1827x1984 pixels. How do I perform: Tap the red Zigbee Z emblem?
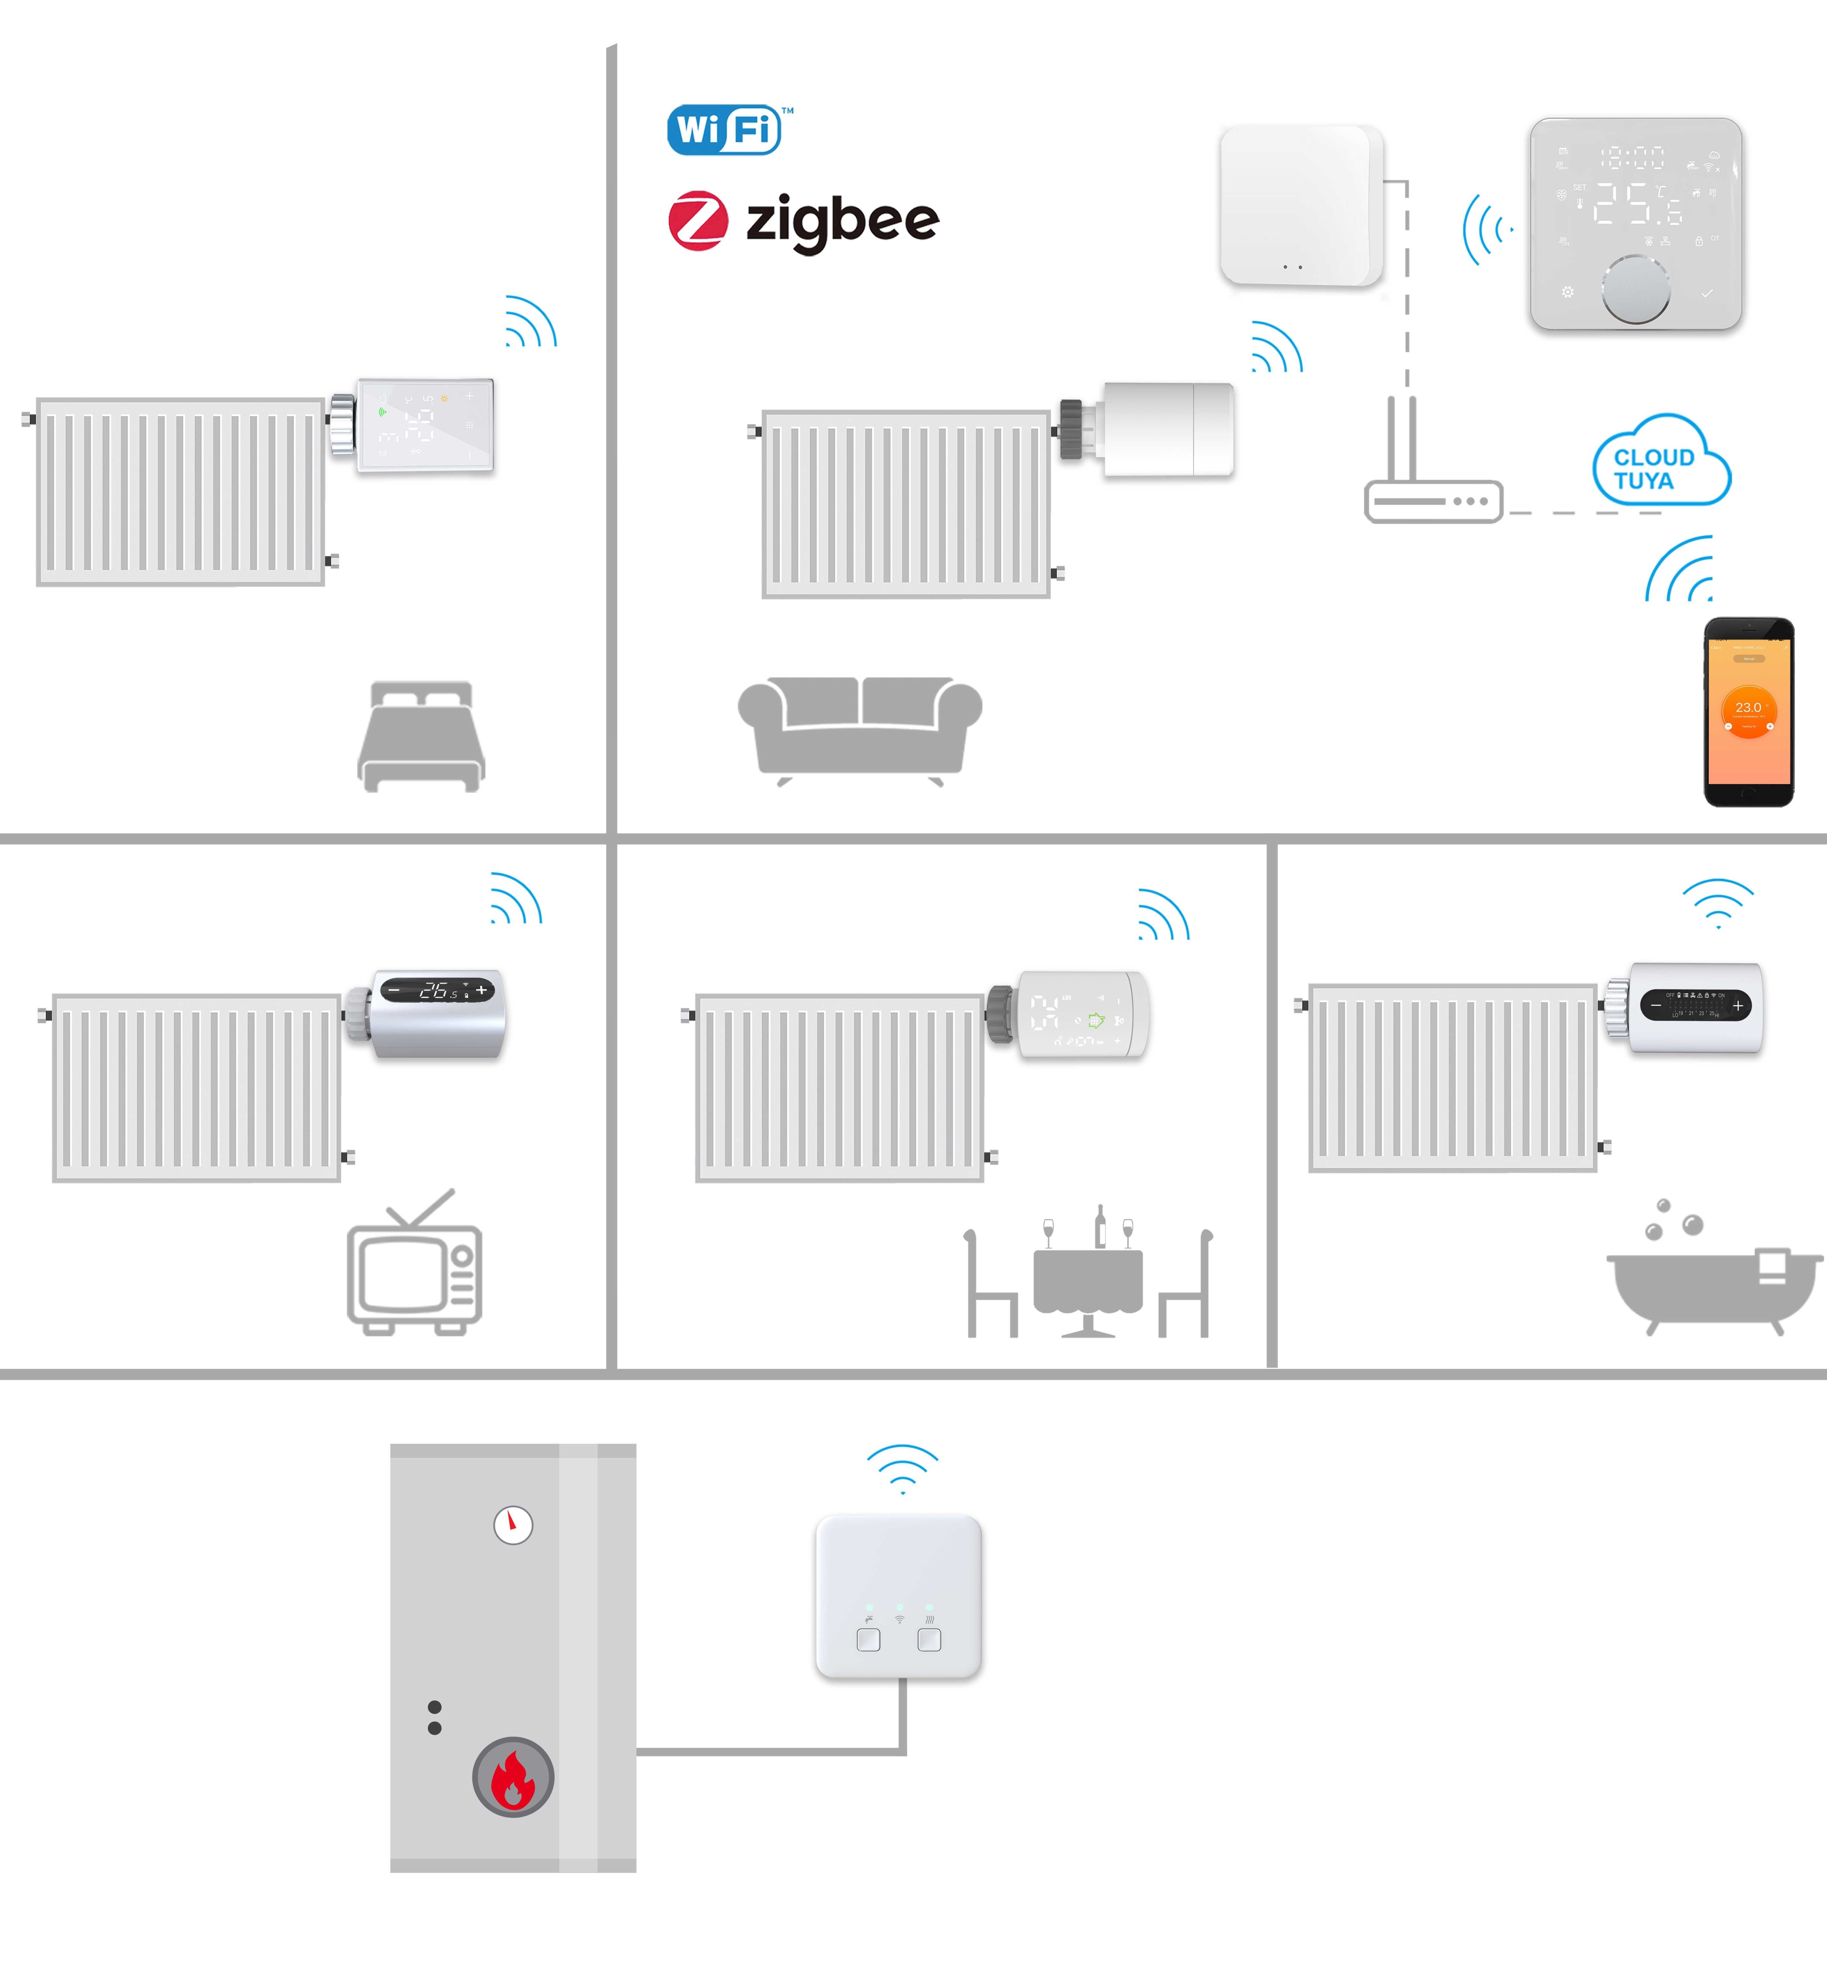coord(698,221)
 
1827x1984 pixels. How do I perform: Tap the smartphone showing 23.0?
coord(1748,712)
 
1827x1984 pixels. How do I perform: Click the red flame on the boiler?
coord(513,1779)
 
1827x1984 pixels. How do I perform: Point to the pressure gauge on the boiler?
coord(513,1524)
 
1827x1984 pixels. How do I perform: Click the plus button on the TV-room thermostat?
coord(481,989)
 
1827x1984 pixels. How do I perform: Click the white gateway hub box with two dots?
coord(1301,206)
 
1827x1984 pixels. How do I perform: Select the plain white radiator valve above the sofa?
coord(1167,430)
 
